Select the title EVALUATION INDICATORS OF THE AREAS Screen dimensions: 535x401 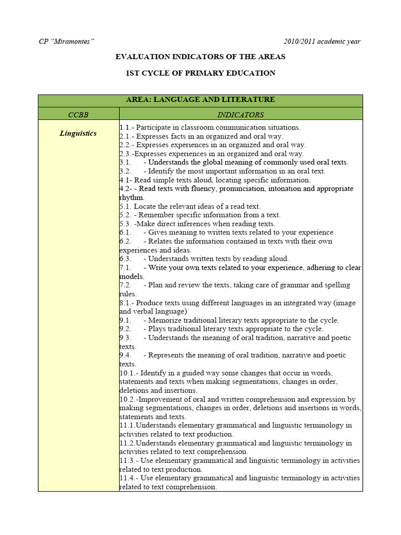200,56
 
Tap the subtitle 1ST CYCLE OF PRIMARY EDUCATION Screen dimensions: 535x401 200,73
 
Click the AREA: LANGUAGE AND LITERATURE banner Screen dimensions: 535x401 200,100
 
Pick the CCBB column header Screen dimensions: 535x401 78,114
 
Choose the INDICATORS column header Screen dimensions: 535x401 240,114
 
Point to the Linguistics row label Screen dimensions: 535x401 78,133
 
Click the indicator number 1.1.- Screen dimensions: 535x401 126,127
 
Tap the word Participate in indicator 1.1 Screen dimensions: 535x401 154,127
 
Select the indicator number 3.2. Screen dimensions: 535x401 125,171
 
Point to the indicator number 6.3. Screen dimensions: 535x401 125,259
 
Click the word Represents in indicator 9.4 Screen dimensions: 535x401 167,355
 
